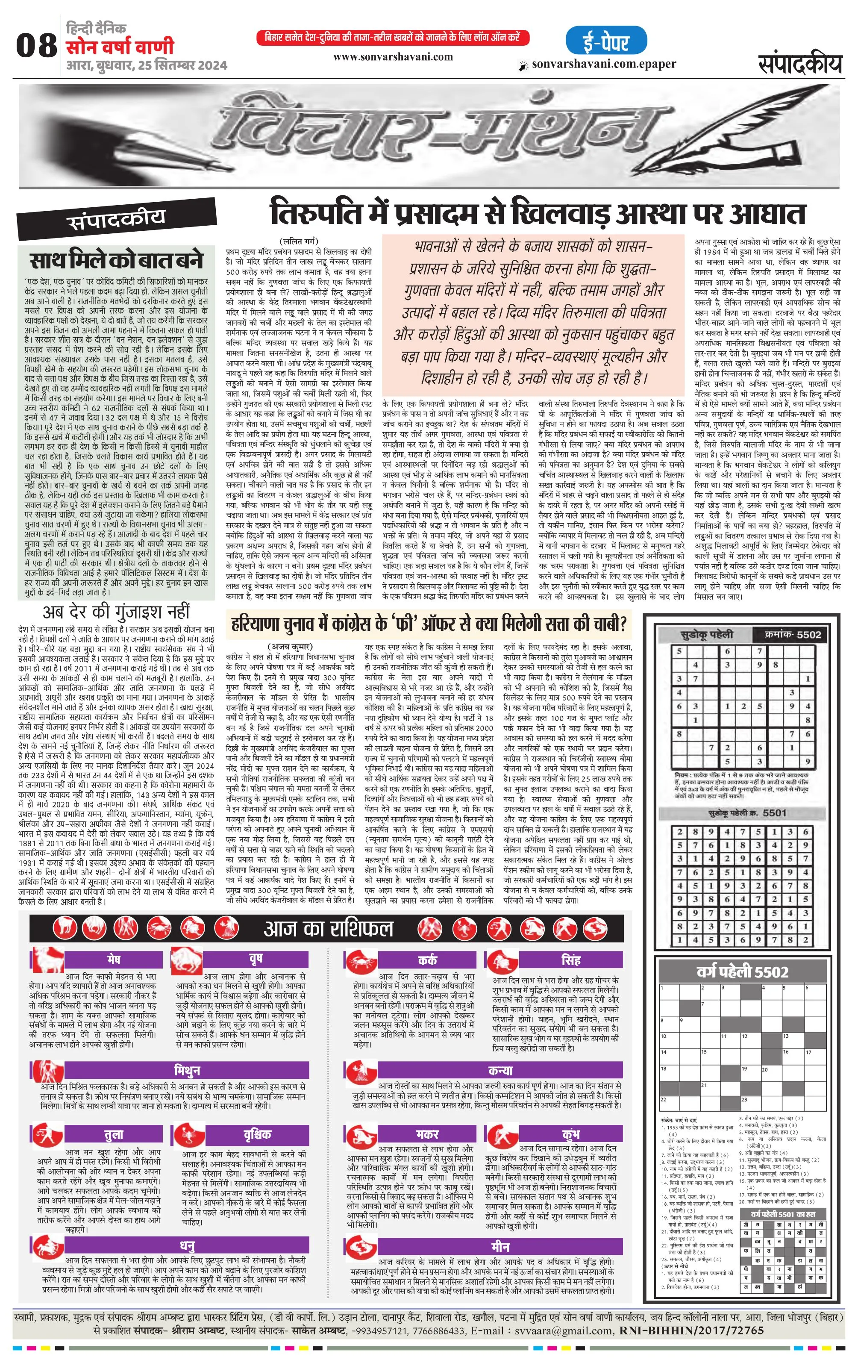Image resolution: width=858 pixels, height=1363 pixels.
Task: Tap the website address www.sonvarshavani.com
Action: (393, 56)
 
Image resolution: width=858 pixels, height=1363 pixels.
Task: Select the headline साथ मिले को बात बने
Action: (116, 260)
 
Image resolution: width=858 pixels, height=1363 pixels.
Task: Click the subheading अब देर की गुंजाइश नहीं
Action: (117, 612)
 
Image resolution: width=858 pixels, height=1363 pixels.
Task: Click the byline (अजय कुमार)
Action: (289, 646)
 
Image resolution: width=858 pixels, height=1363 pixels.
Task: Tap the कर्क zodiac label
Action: (427, 960)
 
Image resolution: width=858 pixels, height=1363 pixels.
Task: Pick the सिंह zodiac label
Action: (570, 960)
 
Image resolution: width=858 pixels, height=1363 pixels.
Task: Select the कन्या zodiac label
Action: (500, 1070)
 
